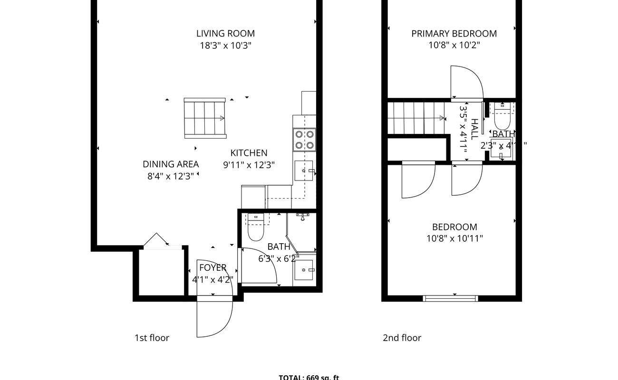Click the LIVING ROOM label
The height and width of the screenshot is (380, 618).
[225, 33]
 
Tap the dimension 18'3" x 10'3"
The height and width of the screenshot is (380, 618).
[225, 46]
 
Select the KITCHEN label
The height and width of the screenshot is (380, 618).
[249, 153]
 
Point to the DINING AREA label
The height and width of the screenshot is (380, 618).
[171, 164]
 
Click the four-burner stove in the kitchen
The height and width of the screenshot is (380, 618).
[305, 140]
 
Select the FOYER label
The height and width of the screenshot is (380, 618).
[212, 267]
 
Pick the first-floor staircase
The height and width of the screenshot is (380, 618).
[204, 118]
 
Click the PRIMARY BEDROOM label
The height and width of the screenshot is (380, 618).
[454, 33]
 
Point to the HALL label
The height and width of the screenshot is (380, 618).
[474, 128]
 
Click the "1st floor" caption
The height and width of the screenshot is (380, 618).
[152, 338]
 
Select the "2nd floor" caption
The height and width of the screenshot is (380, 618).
[402, 338]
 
